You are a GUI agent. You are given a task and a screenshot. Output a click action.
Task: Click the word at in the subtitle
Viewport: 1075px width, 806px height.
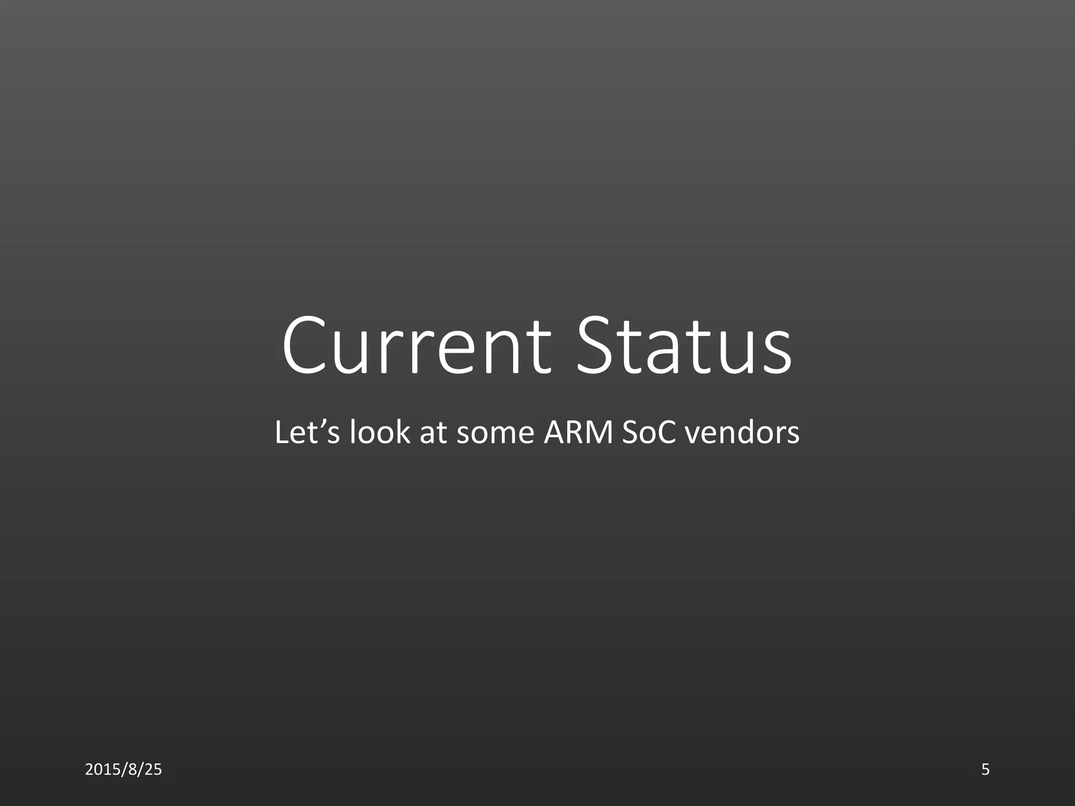[x=433, y=433]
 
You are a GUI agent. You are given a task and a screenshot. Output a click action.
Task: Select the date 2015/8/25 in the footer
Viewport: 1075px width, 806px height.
[x=123, y=769]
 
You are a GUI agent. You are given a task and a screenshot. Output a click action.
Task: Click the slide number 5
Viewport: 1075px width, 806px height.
[x=985, y=769]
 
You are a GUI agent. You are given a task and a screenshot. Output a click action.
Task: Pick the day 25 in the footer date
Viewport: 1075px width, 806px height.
[x=153, y=769]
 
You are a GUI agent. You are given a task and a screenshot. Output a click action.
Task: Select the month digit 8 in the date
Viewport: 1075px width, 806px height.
[x=133, y=769]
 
